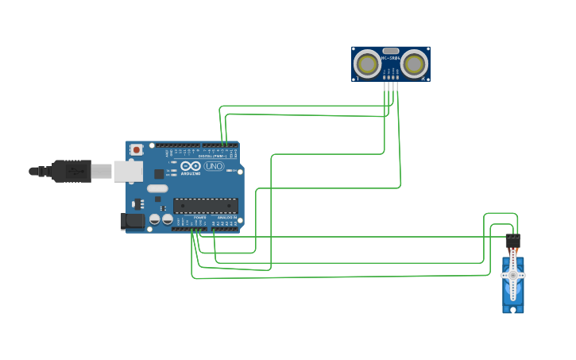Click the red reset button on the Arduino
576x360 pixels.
pos(137,149)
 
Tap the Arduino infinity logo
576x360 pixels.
pos(191,167)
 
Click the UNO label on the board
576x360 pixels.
pos(214,167)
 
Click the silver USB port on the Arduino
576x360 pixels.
pos(127,171)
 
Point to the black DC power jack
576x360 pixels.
pos(132,221)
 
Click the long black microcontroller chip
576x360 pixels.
pos(205,205)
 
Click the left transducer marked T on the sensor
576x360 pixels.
pos(367,63)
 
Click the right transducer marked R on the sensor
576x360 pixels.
pos(414,63)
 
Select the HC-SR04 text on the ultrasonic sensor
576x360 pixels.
pos(390,58)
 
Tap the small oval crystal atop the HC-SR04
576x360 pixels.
pos(390,51)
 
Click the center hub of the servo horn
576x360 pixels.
pos(513,276)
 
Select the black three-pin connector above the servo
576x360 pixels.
pos(513,240)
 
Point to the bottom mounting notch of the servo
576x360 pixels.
pos(513,309)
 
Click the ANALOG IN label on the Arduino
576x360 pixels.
pos(226,217)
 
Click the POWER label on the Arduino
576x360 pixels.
pos(199,217)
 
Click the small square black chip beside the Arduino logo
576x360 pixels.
pos(159,173)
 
